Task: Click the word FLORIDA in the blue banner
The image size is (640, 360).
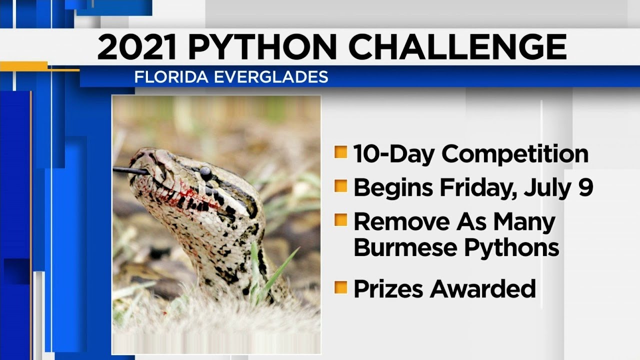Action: (x=165, y=77)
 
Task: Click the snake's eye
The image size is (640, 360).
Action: (x=205, y=173)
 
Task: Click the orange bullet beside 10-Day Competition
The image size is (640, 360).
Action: (x=341, y=153)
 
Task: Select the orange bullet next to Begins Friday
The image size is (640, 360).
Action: (x=341, y=186)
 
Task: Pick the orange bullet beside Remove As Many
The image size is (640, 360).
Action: (x=341, y=220)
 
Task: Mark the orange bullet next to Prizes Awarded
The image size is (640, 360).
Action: (x=341, y=287)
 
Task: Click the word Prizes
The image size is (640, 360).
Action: (x=393, y=288)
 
